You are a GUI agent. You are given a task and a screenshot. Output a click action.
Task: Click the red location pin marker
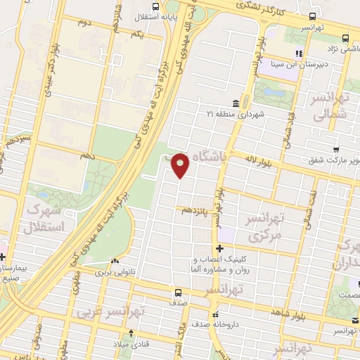[x=181, y=165]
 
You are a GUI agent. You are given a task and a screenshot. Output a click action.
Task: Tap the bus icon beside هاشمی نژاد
[x=345, y=38]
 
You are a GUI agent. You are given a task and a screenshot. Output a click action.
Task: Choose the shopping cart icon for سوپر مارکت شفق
[x=336, y=149]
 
